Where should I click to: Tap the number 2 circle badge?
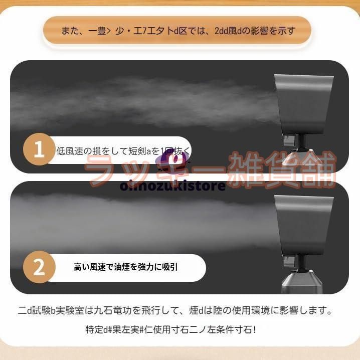tap(39, 267)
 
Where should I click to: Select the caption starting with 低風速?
tap(123, 150)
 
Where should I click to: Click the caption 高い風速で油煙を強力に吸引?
tap(125, 267)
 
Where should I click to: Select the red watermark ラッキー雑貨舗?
tap(211, 169)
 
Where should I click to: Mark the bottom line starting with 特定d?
tap(170, 329)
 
